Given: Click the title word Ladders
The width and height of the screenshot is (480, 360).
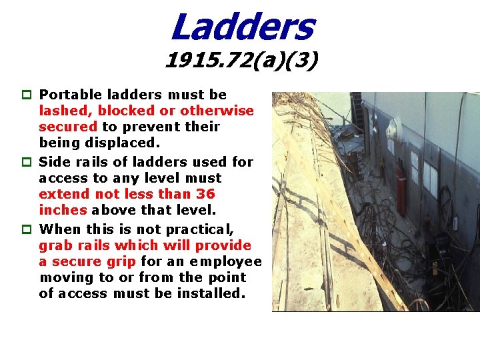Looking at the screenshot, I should click(241, 27).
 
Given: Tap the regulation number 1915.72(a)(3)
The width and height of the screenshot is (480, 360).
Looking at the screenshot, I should click(241, 62).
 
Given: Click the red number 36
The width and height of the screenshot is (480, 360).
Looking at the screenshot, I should click(206, 194).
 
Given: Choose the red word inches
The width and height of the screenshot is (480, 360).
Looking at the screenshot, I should click(63, 210).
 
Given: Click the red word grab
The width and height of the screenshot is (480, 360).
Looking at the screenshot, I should click(56, 246).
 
